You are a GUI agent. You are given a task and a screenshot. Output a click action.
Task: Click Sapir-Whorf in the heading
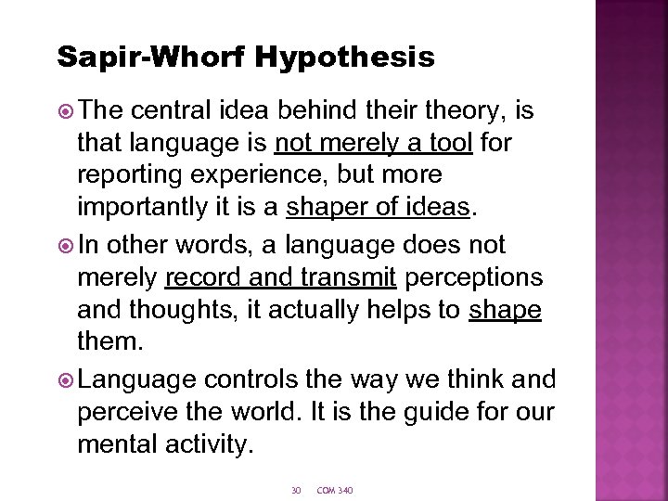tap(151, 58)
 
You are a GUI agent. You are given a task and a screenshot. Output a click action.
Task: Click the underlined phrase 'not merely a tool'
tap(374, 144)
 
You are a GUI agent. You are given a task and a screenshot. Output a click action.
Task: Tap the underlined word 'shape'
tap(505, 310)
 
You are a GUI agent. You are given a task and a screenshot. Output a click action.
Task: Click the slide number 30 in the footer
tap(296, 490)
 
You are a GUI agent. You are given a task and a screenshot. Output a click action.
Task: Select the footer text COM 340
tap(335, 490)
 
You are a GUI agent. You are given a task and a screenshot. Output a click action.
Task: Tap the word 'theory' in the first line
tap(454, 111)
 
